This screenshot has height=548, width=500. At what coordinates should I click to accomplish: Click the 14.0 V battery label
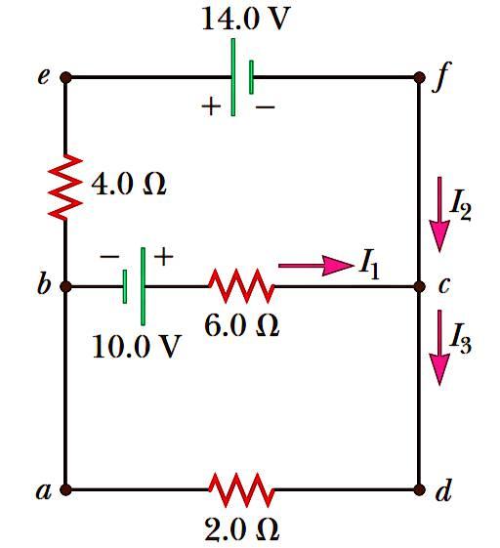pos(246,19)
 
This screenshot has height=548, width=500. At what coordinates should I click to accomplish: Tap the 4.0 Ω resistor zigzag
pos(65,187)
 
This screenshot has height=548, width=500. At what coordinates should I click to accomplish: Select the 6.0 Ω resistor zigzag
pos(241,285)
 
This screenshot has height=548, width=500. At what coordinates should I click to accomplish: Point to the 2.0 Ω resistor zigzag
pos(241,489)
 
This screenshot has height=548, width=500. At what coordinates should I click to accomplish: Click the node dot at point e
pos(65,77)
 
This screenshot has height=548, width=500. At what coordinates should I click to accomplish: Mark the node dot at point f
pos(419,77)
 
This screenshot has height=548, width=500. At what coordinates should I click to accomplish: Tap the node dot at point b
pos(65,286)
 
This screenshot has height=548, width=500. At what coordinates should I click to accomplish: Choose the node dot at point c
pos(419,286)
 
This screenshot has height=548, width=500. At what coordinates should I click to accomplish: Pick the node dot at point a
pos(65,489)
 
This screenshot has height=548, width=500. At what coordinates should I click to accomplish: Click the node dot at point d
pos(419,489)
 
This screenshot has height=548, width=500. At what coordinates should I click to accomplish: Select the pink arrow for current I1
pos(315,266)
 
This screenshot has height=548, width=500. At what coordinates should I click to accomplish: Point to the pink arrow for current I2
pos(439,214)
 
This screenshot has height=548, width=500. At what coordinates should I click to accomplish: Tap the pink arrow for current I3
pos(439,348)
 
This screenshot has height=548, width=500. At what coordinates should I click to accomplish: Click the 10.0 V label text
pos(137,346)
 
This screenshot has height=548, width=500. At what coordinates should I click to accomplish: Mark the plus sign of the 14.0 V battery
pos(211,106)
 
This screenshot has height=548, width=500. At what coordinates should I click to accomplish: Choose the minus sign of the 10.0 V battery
pos(109,257)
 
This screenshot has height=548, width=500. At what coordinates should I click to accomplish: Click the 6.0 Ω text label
pos(242,325)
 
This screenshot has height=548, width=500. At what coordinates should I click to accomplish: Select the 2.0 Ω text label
pos(242,529)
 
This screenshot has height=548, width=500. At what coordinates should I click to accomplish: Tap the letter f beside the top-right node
pos(441,77)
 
